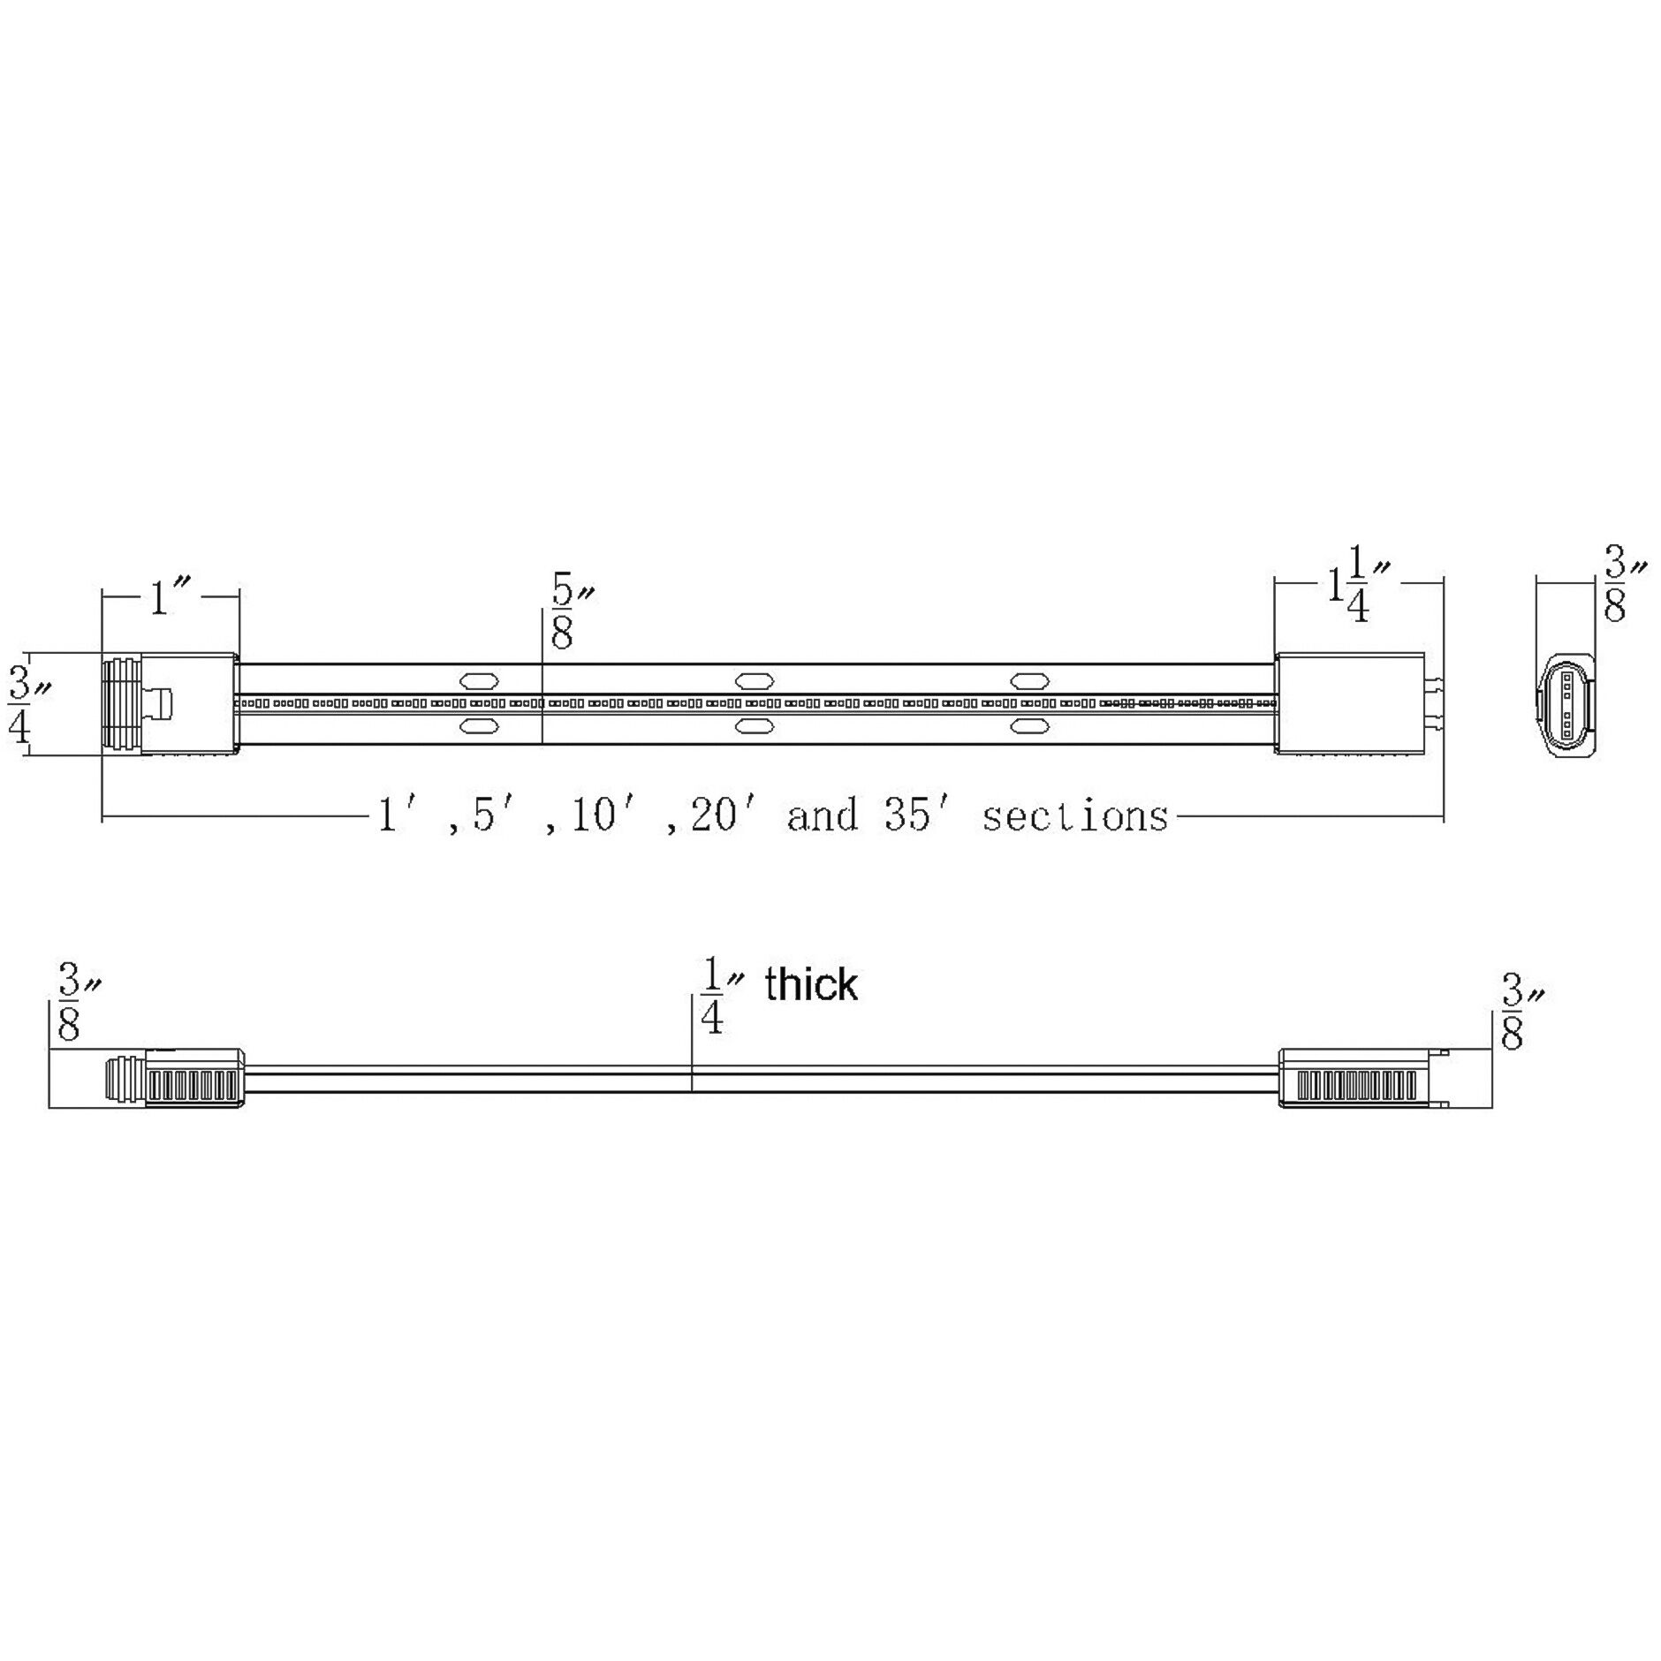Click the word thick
810,984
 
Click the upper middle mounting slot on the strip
755,680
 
